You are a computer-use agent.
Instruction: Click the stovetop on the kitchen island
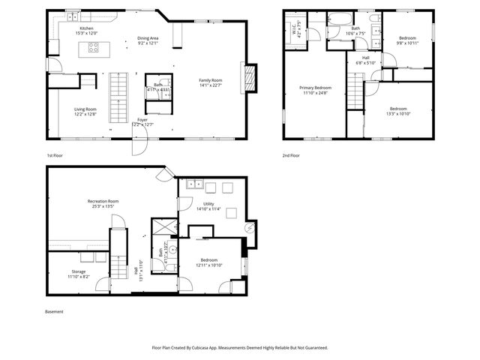click(x=94, y=48)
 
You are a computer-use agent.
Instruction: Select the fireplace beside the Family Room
click(x=250, y=75)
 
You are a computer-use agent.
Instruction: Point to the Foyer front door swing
click(x=139, y=145)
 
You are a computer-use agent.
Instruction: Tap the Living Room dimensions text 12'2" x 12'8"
click(x=85, y=114)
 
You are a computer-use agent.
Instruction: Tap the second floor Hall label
click(x=365, y=59)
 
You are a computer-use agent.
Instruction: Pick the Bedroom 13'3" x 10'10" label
click(x=397, y=110)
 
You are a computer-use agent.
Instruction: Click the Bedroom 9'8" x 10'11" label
click(x=407, y=40)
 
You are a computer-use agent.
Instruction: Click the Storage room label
click(x=79, y=274)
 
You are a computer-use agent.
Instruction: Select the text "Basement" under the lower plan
click(x=55, y=311)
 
